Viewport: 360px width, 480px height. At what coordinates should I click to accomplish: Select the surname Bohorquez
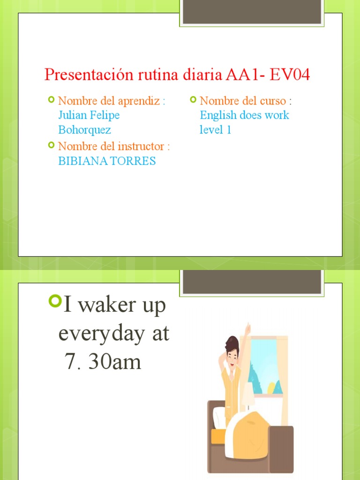click(84, 130)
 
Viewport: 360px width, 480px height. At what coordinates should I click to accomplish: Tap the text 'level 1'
click(215, 130)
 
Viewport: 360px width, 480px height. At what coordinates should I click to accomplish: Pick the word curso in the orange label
click(272, 101)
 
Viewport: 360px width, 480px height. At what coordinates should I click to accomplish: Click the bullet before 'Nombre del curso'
click(193, 100)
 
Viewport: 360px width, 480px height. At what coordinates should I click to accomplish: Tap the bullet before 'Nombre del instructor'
click(51, 145)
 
